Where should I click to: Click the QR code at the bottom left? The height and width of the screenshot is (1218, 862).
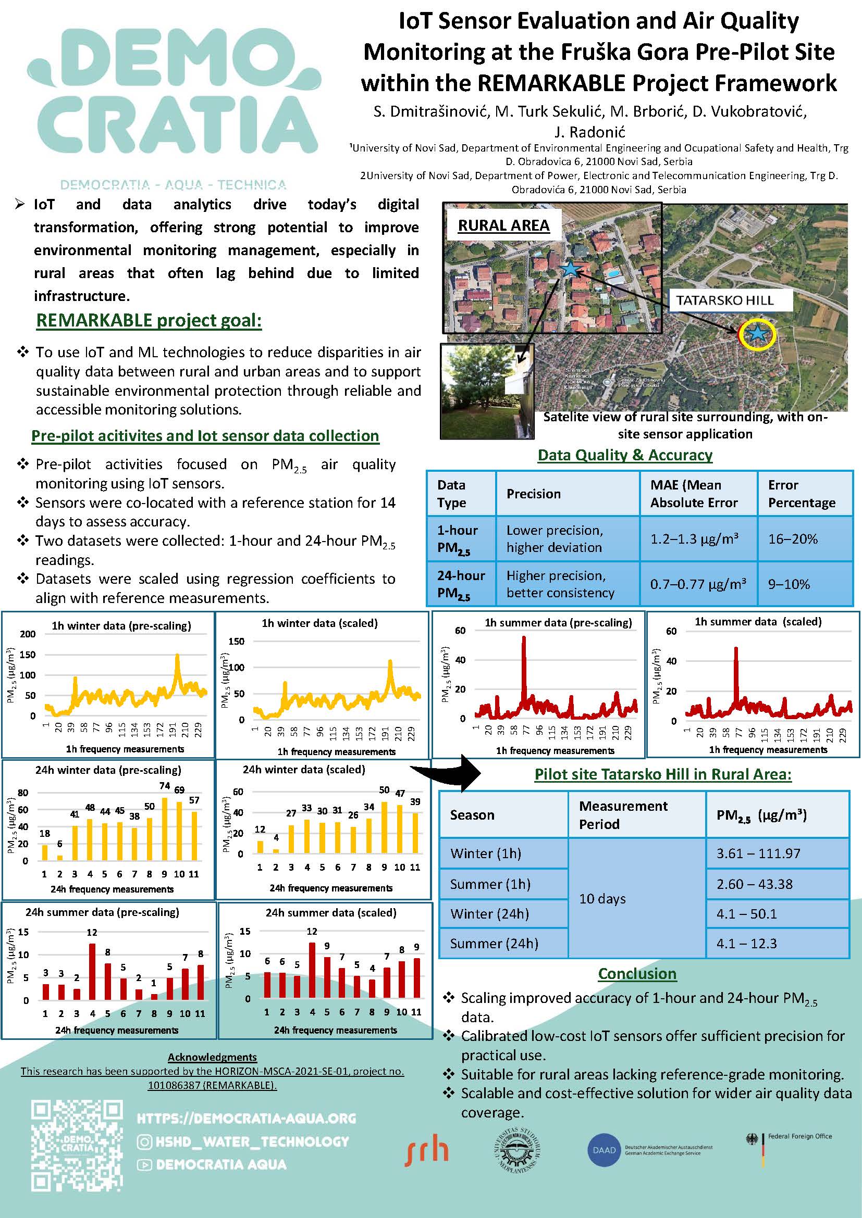[x=77, y=1145]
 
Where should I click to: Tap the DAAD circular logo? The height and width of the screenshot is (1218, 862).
[x=604, y=1150]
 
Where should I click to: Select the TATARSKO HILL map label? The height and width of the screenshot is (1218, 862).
[x=724, y=300]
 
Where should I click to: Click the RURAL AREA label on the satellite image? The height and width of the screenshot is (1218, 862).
[x=503, y=225]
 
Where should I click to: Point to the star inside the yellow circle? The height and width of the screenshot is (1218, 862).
[x=757, y=334]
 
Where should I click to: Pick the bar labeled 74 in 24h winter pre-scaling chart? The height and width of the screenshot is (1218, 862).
[x=165, y=828]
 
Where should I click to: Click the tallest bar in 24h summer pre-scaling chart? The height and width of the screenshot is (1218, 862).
[x=92, y=971]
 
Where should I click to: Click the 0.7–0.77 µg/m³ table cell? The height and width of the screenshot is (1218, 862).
[x=698, y=585]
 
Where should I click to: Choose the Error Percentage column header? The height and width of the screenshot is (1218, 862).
[x=802, y=493]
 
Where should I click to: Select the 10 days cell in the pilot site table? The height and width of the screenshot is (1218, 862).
[x=602, y=899]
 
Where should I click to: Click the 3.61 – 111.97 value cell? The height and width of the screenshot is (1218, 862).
[x=758, y=853]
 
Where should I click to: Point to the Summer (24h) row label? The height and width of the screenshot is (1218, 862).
[x=494, y=943]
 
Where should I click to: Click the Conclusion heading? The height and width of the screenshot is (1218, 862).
[x=637, y=973]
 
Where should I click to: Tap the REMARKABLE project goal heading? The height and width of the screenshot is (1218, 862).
[x=149, y=320]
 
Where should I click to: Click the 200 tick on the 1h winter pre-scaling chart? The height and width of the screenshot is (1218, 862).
[x=28, y=634]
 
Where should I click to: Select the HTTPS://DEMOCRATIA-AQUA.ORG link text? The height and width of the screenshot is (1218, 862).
[x=247, y=1118]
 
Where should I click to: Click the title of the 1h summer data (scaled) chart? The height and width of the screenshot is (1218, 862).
[x=758, y=621]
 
